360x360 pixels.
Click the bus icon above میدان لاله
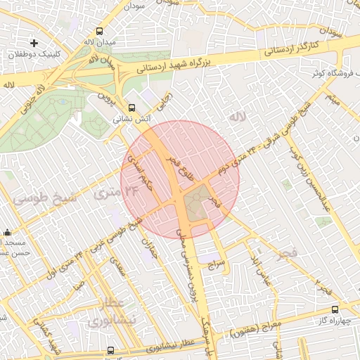coord(99,32)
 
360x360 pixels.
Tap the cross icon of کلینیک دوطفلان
coord(34,43)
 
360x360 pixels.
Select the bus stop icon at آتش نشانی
coord(131,108)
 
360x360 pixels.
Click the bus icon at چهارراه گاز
coord(334,309)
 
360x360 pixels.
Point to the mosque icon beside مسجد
coord(7,233)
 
